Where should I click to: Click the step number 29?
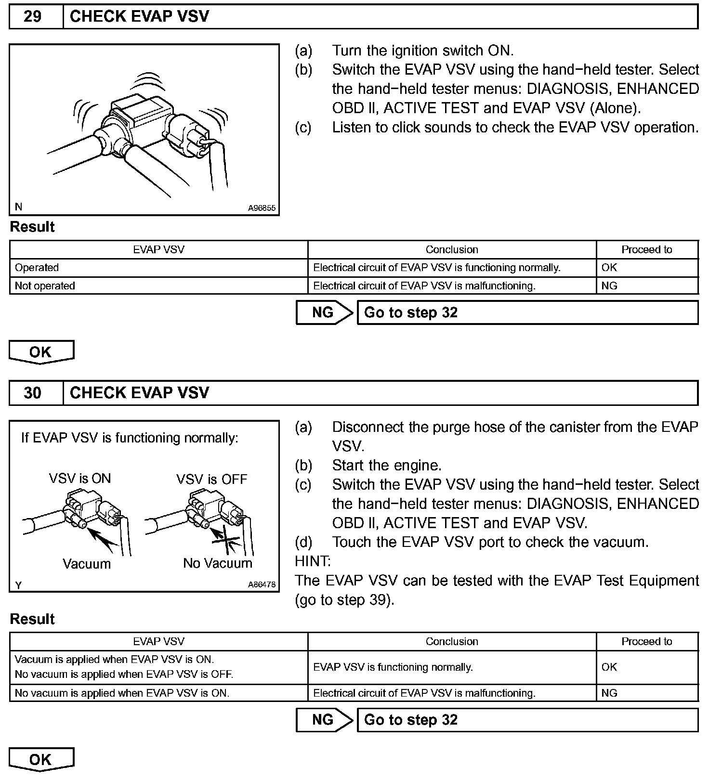click(32, 17)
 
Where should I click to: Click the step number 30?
click(32, 393)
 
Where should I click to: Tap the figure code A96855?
click(262, 208)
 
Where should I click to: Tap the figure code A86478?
click(262, 584)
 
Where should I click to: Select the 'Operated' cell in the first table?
click(37, 268)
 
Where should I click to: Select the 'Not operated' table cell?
click(45, 286)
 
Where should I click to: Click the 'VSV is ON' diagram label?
click(80, 479)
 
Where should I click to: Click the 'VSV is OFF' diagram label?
click(211, 480)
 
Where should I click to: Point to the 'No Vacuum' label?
click(218, 563)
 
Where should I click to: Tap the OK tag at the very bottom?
click(41, 760)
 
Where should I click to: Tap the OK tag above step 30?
click(41, 352)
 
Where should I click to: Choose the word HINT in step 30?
click(313, 561)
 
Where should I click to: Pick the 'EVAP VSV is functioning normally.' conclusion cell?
click(393, 667)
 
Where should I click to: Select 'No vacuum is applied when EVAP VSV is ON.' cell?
click(122, 693)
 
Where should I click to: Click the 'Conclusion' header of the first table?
click(452, 250)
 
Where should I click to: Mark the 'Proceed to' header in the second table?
click(646, 642)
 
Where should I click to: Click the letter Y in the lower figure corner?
click(18, 585)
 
